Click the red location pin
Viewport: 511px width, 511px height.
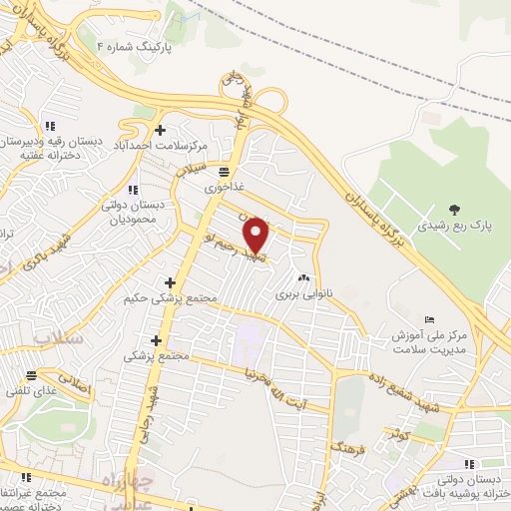pos(257,236)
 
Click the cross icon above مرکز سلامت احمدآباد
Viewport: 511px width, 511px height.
pos(161,129)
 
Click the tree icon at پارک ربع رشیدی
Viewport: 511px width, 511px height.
pos(455,210)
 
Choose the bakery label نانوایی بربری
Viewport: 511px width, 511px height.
pos(301,295)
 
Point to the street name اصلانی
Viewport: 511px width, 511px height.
pos(74,382)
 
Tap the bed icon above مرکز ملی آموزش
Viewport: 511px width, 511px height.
pos(429,319)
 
